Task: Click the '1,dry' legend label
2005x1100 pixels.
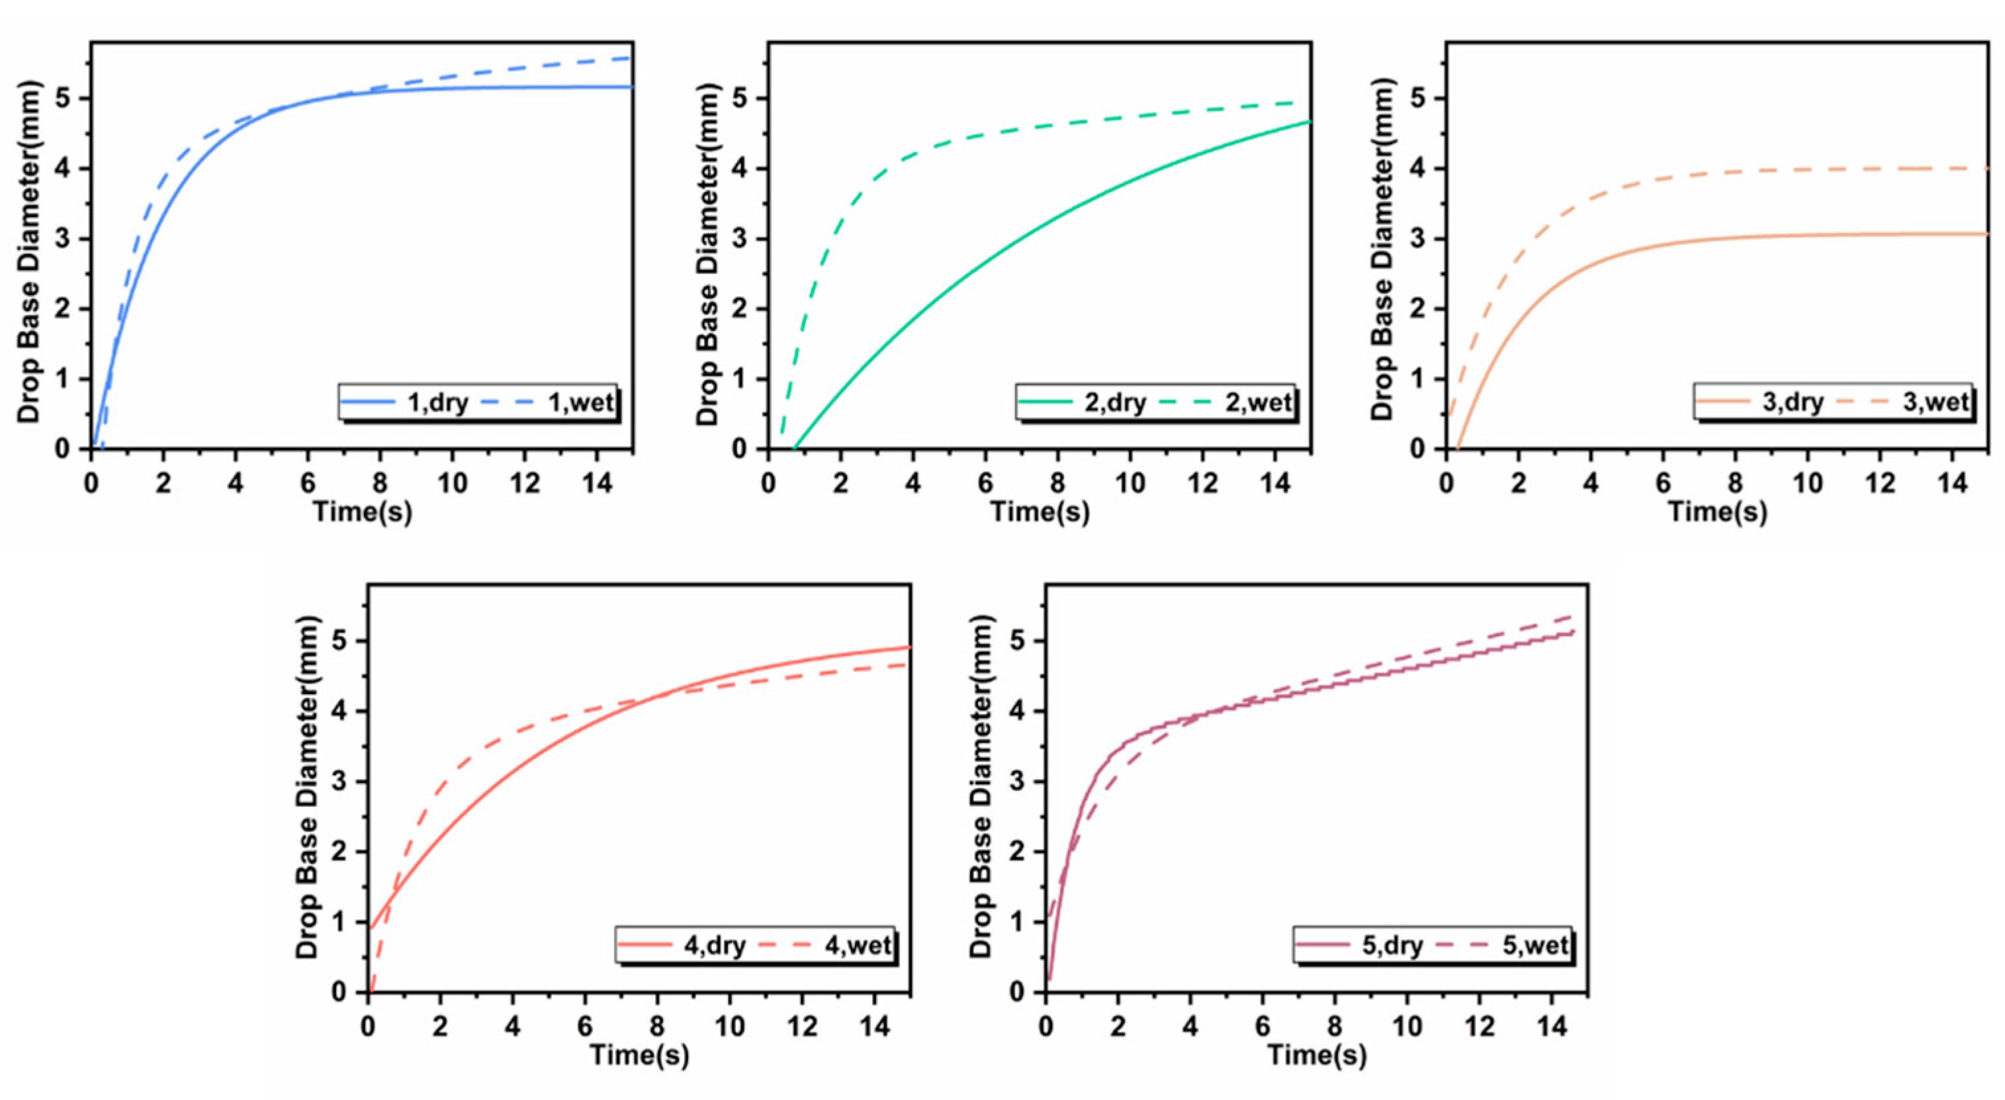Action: (x=437, y=402)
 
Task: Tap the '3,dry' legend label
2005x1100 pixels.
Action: (x=1793, y=402)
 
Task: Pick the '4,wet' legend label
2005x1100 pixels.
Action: (x=858, y=945)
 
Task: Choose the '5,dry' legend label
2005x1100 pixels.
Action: (x=1392, y=945)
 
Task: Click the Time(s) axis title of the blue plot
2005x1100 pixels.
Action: (x=362, y=512)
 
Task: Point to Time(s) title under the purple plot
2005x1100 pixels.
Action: (x=1317, y=1055)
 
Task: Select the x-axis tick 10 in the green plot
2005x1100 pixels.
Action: (x=1130, y=483)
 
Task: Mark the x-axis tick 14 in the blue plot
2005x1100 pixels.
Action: (x=596, y=483)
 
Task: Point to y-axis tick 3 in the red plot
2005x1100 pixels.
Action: (x=339, y=782)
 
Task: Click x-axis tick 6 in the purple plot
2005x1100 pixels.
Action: (x=1263, y=1026)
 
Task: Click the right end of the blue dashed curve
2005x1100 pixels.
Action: (x=631, y=58)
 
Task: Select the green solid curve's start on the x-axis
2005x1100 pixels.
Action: (x=794, y=449)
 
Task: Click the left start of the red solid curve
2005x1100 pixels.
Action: (x=370, y=928)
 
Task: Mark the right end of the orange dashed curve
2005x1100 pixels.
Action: (x=1987, y=168)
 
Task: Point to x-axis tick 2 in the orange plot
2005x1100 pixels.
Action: (x=1518, y=483)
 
